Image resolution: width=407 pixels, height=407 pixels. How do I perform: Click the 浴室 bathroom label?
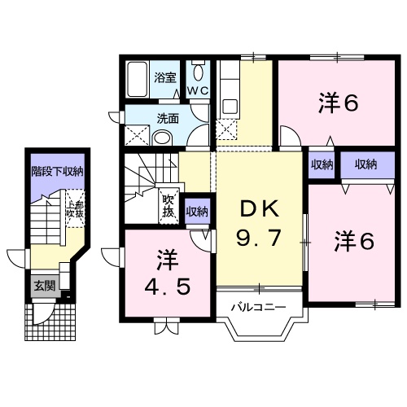tap(166, 78)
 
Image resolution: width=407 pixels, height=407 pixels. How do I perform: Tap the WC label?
tap(198, 90)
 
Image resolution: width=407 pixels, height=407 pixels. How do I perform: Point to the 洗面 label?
tap(168, 118)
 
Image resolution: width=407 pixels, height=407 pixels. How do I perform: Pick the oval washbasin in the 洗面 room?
tap(163, 137)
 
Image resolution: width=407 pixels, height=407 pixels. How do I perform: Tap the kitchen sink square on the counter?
tap(229, 106)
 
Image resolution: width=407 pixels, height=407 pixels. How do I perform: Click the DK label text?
tap(260, 209)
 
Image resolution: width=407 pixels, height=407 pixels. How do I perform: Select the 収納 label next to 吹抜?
tap(197, 212)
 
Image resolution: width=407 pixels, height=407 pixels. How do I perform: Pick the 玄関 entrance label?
tap(44, 285)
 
